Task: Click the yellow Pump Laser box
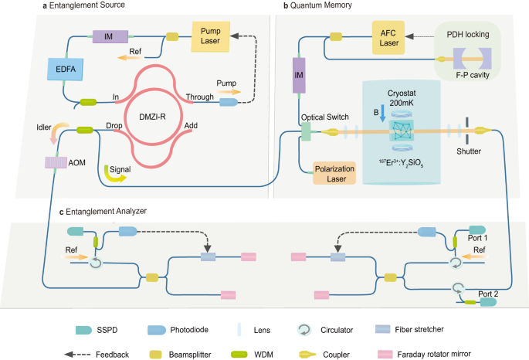point(211,36)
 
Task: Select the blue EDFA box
point(66,70)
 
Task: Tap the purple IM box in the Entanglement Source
point(110,36)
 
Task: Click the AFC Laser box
point(388,37)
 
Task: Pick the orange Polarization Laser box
point(334,173)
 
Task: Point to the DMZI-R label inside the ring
point(152,117)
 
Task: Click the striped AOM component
point(56,163)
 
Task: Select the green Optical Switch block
point(306,131)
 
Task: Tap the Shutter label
point(469,151)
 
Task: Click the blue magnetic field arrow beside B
point(382,114)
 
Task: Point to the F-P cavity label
point(473,75)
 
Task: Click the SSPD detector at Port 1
point(477,230)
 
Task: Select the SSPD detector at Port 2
point(488,302)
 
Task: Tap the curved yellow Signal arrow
point(114,175)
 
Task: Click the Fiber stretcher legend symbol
point(382,329)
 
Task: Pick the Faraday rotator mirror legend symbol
point(385,355)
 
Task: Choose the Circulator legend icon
point(304,330)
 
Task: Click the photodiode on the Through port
point(229,102)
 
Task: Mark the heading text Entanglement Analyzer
point(107,212)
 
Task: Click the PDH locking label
point(468,35)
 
